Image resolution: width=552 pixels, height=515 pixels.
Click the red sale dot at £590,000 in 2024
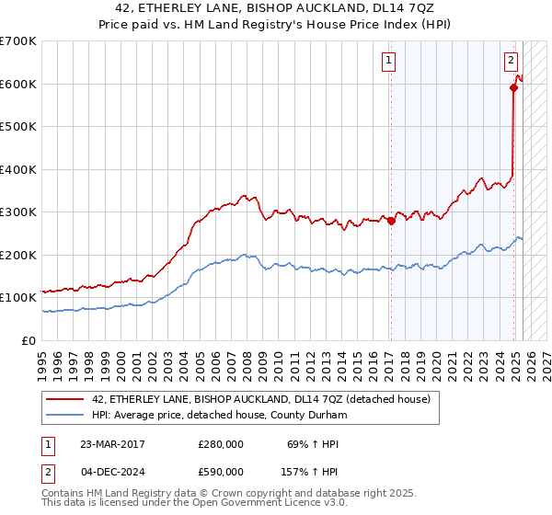[x=513, y=88]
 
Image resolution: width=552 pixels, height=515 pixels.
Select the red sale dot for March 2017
[x=390, y=221]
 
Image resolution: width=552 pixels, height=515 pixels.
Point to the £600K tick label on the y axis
[x=18, y=84]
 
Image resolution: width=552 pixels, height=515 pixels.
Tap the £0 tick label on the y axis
[x=29, y=340]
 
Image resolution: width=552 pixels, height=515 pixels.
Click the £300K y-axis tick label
[x=18, y=212]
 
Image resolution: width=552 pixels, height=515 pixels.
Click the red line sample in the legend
[x=65, y=399]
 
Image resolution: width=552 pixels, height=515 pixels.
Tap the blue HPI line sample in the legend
[x=65, y=415]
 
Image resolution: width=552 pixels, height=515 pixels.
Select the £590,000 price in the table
[x=221, y=473]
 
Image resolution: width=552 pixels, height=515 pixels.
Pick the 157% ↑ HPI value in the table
[x=309, y=473]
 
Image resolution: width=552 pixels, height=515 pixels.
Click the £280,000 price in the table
[x=221, y=444]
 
